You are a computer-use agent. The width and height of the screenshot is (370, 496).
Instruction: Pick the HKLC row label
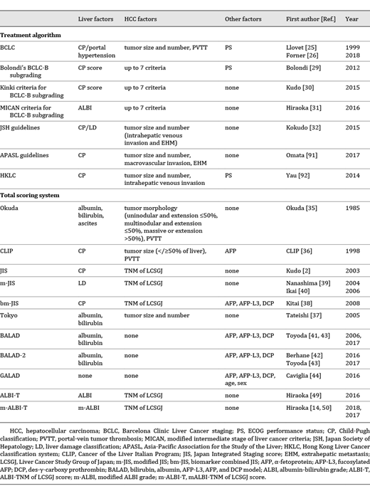(x=14, y=172)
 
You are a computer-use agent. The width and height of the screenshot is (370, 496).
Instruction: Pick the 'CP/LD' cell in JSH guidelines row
(x=88, y=126)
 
